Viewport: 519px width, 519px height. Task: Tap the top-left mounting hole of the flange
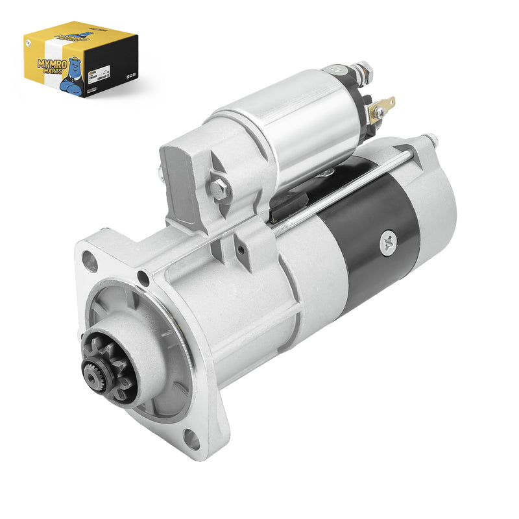90,261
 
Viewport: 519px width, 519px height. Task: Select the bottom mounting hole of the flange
193,439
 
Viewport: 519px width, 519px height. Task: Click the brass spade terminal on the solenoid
381,107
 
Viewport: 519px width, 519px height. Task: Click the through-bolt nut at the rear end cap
429,139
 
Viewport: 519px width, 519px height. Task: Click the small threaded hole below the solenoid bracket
241,250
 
